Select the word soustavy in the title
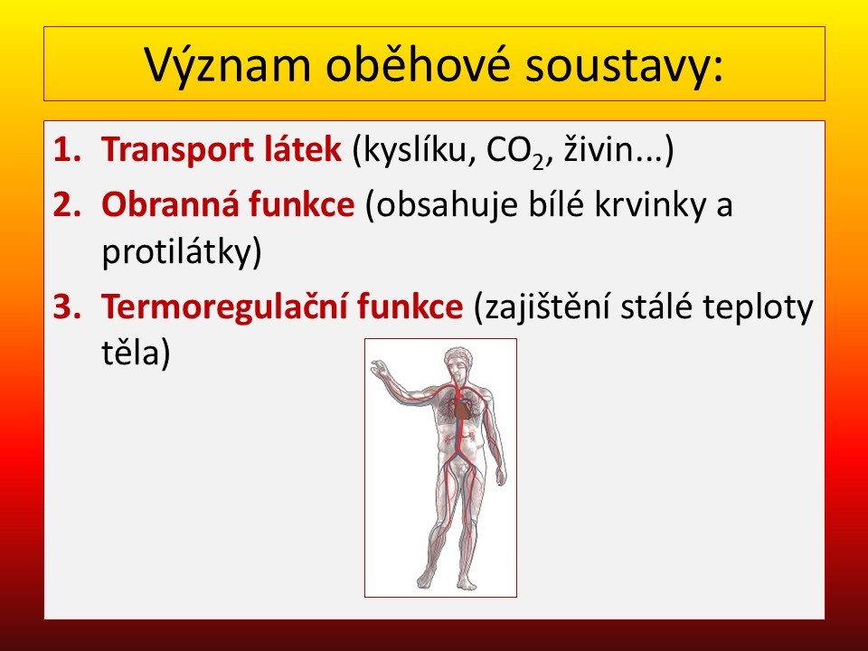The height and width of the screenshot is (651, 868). pos(618,65)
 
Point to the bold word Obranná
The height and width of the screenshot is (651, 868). pos(169,203)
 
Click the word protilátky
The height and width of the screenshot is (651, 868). pos(182,252)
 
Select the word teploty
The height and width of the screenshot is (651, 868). pos(758,307)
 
